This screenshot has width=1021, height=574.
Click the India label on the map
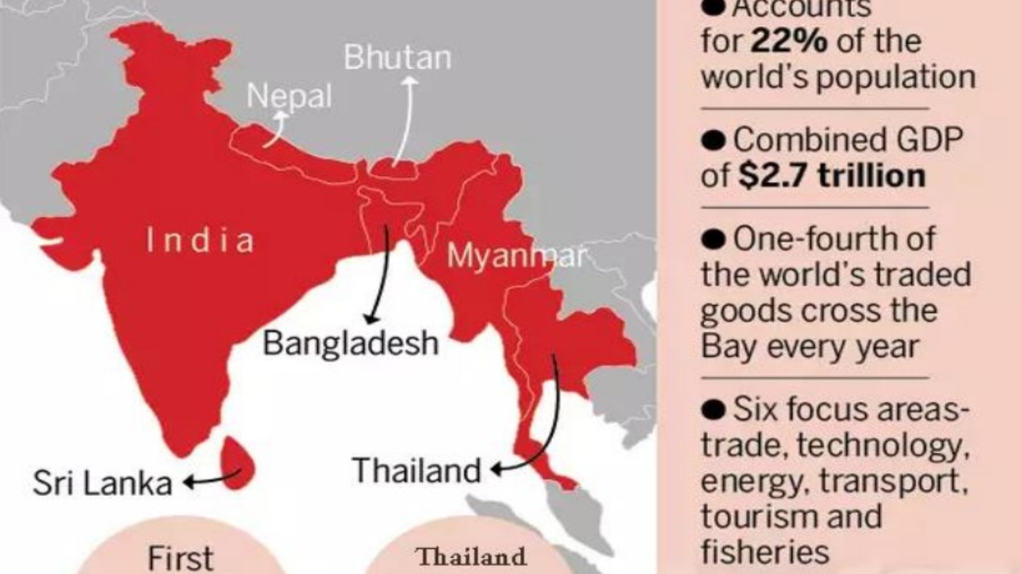click(200, 240)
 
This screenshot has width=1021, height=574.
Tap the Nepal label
click(289, 97)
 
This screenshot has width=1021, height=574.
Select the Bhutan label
click(397, 57)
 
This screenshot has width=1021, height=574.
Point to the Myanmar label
click(516, 256)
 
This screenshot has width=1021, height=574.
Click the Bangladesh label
click(350, 343)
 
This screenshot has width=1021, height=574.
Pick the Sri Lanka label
click(102, 483)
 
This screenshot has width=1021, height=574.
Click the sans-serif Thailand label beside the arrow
click(417, 471)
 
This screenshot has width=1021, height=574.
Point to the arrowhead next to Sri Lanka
click(188, 483)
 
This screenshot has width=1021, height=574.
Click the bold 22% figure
click(789, 41)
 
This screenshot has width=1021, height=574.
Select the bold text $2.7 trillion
click(832, 176)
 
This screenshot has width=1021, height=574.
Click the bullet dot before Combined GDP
click(713, 140)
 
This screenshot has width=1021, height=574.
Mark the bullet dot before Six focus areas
click(713, 410)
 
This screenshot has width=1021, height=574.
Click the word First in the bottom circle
click(180, 558)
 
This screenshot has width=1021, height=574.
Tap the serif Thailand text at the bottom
click(471, 557)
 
